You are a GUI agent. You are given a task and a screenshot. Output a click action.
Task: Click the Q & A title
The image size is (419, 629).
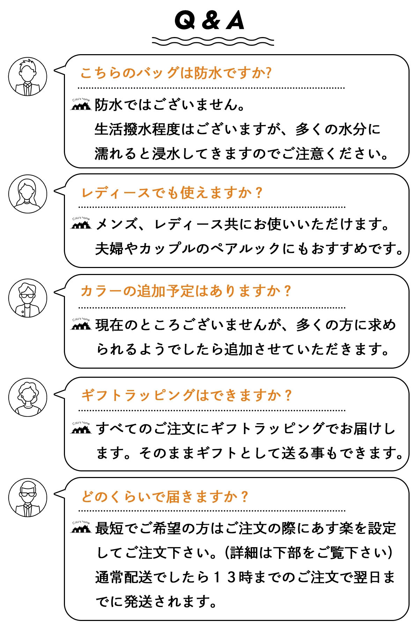click(x=209, y=21)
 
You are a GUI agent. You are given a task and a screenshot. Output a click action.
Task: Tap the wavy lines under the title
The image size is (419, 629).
click(x=213, y=41)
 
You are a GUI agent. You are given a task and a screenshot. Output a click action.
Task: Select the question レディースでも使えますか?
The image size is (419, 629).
click(x=171, y=193)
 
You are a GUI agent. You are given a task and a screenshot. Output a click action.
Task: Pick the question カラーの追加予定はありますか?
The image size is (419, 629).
click(x=185, y=291)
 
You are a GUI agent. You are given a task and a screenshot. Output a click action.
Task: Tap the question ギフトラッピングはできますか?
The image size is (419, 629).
click(x=186, y=395)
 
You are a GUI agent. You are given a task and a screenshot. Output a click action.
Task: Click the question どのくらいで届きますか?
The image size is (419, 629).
click(x=164, y=496)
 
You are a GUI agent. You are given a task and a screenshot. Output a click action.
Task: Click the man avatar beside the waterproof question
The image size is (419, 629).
click(x=28, y=77)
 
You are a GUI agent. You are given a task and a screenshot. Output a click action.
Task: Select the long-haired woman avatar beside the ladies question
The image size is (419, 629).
click(x=28, y=194)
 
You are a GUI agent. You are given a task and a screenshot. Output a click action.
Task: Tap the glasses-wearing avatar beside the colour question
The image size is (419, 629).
click(x=28, y=298)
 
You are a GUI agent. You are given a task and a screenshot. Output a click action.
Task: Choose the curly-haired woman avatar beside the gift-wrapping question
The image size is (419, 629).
click(x=28, y=397)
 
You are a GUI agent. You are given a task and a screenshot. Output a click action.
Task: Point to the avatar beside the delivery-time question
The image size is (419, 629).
click(x=28, y=498)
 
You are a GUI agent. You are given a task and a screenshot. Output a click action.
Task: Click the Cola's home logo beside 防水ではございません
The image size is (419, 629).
click(x=81, y=104)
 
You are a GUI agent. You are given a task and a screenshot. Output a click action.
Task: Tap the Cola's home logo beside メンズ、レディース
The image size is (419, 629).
click(x=81, y=223)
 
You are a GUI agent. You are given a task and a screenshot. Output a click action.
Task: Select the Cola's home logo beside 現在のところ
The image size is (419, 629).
click(x=81, y=324)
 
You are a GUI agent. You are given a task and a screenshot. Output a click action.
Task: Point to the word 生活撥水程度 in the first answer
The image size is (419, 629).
click(x=137, y=129)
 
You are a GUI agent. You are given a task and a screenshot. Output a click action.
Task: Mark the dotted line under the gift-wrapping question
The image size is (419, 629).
click(x=212, y=410)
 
